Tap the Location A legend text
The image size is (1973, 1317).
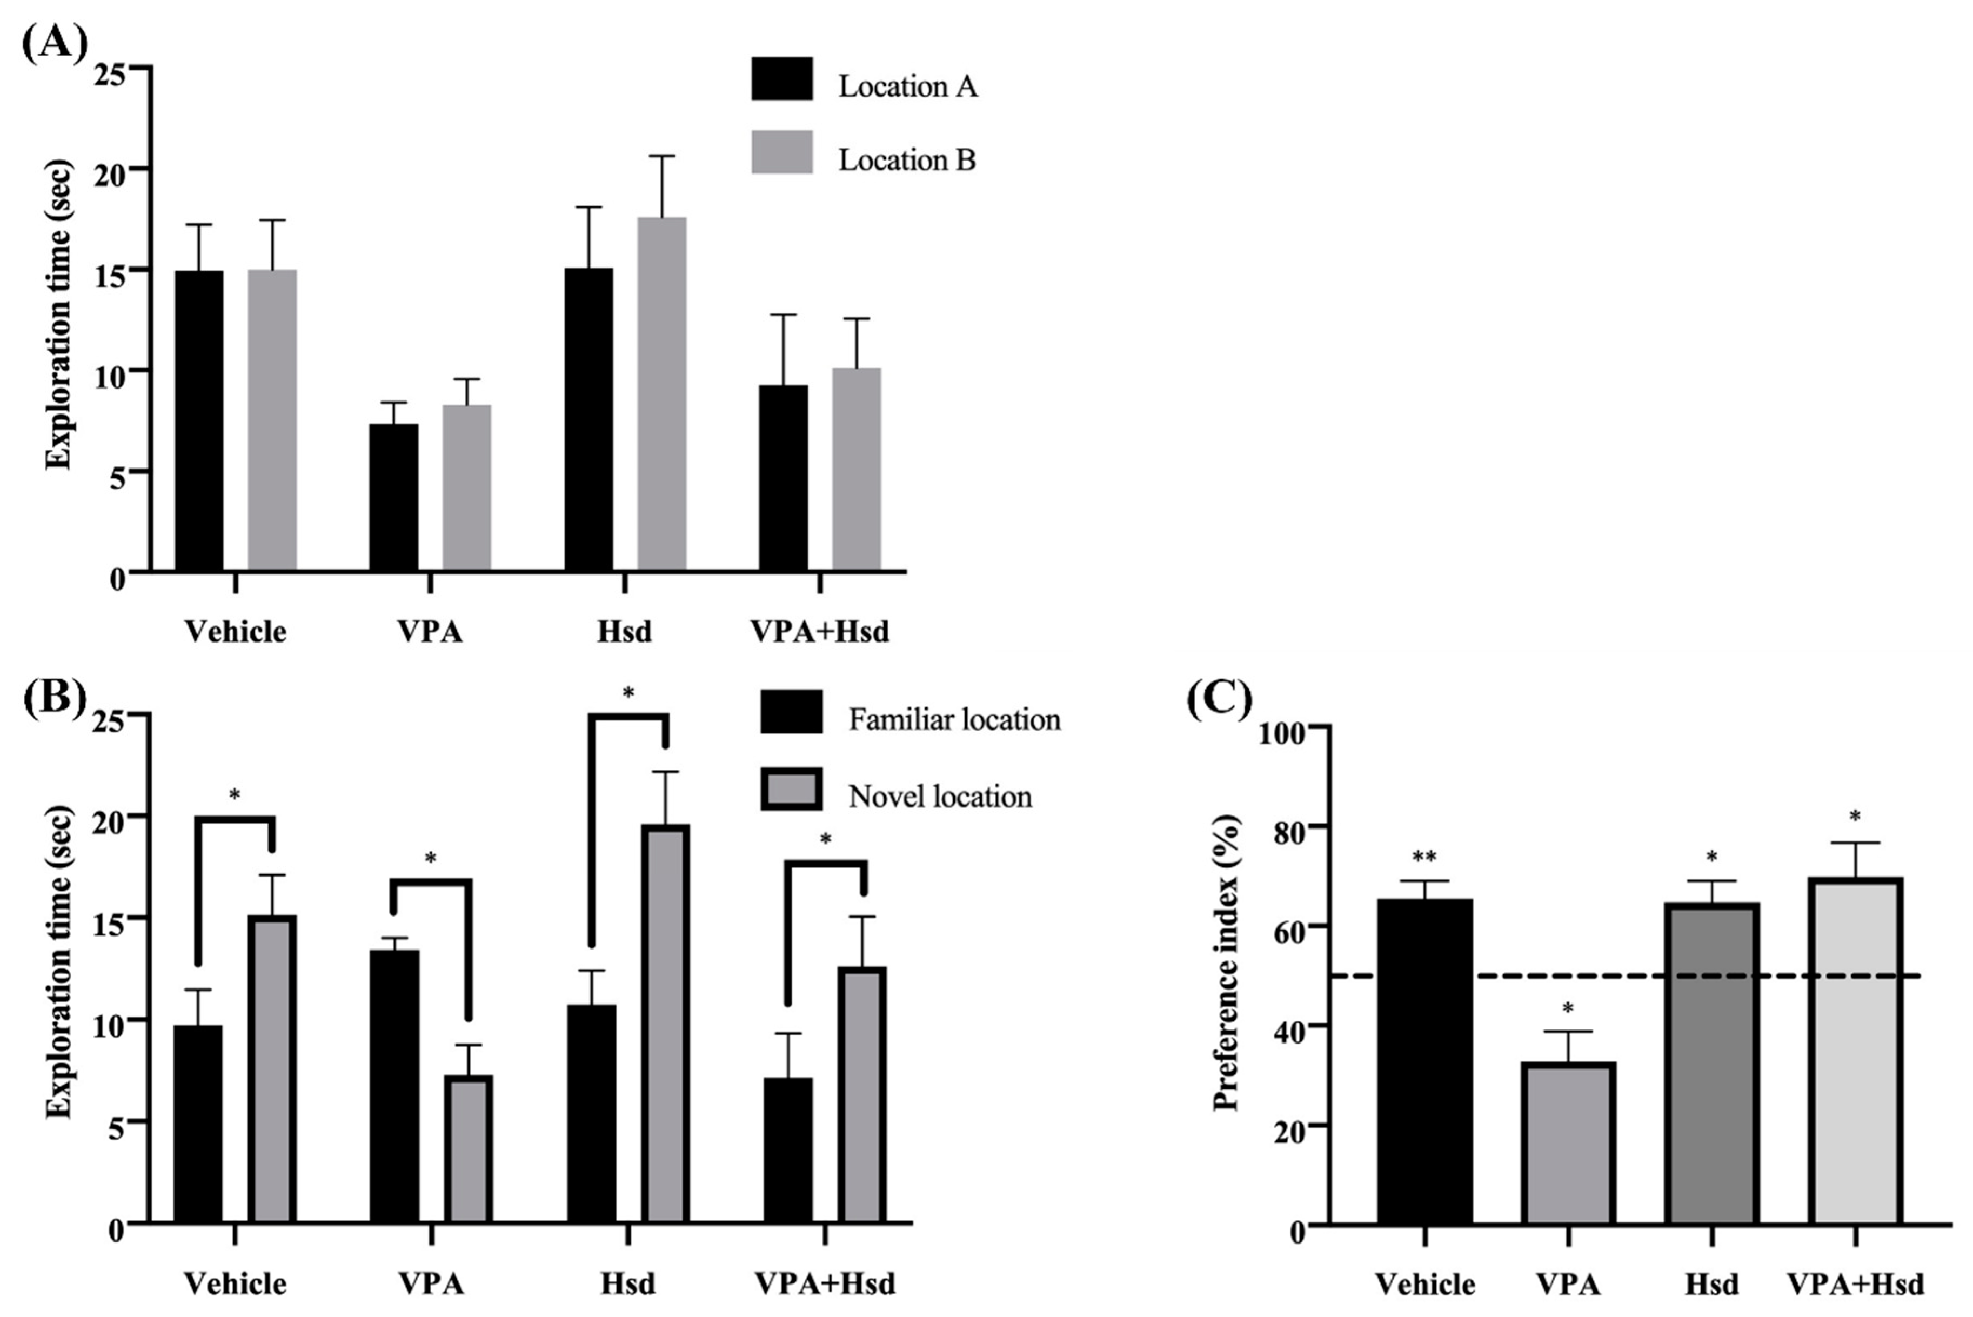[x=907, y=86]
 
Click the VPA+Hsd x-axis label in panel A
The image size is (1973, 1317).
[x=819, y=631]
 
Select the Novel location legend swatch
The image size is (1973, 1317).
[x=791, y=790]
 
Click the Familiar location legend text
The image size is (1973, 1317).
[x=954, y=720]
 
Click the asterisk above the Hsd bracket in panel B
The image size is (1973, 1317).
[x=628, y=693]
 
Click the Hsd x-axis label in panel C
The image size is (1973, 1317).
[x=1711, y=1283]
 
